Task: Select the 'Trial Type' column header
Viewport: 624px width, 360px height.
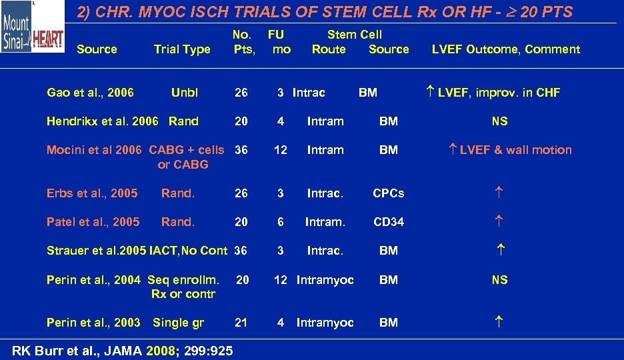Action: (x=181, y=49)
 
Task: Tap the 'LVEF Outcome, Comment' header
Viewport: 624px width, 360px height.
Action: (x=505, y=49)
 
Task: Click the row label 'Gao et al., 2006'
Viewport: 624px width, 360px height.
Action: (x=90, y=93)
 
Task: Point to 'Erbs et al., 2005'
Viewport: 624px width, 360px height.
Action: (x=92, y=193)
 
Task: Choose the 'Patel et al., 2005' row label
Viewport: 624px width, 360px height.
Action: (x=93, y=222)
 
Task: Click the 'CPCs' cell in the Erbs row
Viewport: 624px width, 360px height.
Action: (x=388, y=193)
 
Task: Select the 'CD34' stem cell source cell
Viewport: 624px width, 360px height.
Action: (x=388, y=222)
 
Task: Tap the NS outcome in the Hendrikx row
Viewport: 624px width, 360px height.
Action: (x=499, y=121)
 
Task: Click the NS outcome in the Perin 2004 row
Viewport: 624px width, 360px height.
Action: (x=499, y=280)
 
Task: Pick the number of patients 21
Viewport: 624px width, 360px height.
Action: (x=241, y=323)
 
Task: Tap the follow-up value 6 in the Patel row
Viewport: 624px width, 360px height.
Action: (x=281, y=222)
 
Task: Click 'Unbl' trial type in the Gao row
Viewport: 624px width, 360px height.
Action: (x=184, y=93)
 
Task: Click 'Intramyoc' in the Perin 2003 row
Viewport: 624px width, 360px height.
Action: (x=325, y=323)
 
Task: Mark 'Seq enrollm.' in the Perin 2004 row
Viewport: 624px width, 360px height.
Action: (x=183, y=280)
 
